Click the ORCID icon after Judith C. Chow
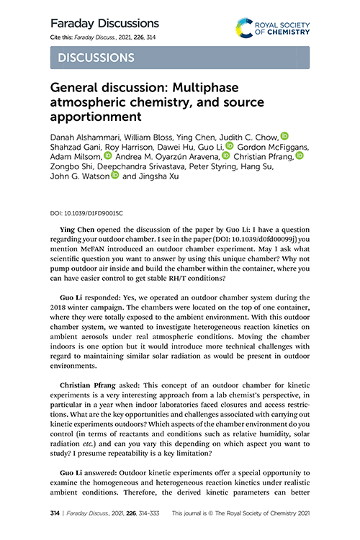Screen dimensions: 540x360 pyautogui.click(x=284, y=135)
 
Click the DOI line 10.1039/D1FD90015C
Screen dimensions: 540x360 pyautogui.click(x=86, y=214)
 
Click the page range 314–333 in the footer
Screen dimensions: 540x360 pyautogui.click(x=149, y=516)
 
